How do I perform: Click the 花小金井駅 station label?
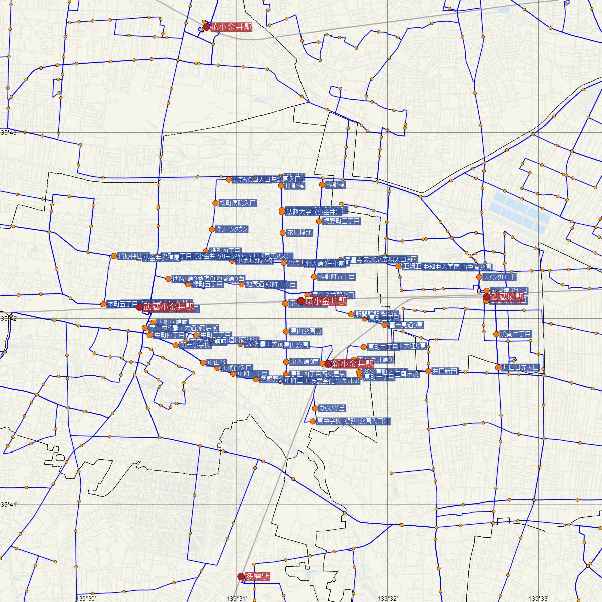tap(231, 27)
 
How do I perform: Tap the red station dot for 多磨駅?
tap(241, 577)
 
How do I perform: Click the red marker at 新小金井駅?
tap(328, 363)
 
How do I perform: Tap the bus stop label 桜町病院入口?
tap(238, 203)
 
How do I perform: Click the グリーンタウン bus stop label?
tap(232, 229)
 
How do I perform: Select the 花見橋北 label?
tap(299, 232)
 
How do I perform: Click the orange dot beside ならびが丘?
tap(315, 408)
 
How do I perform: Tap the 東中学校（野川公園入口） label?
tap(352, 421)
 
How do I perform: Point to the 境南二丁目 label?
tap(516, 334)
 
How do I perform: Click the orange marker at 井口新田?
tap(428, 371)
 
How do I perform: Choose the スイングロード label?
tap(499, 277)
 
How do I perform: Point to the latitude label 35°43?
tap(9, 133)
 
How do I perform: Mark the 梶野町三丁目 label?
tap(341, 221)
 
